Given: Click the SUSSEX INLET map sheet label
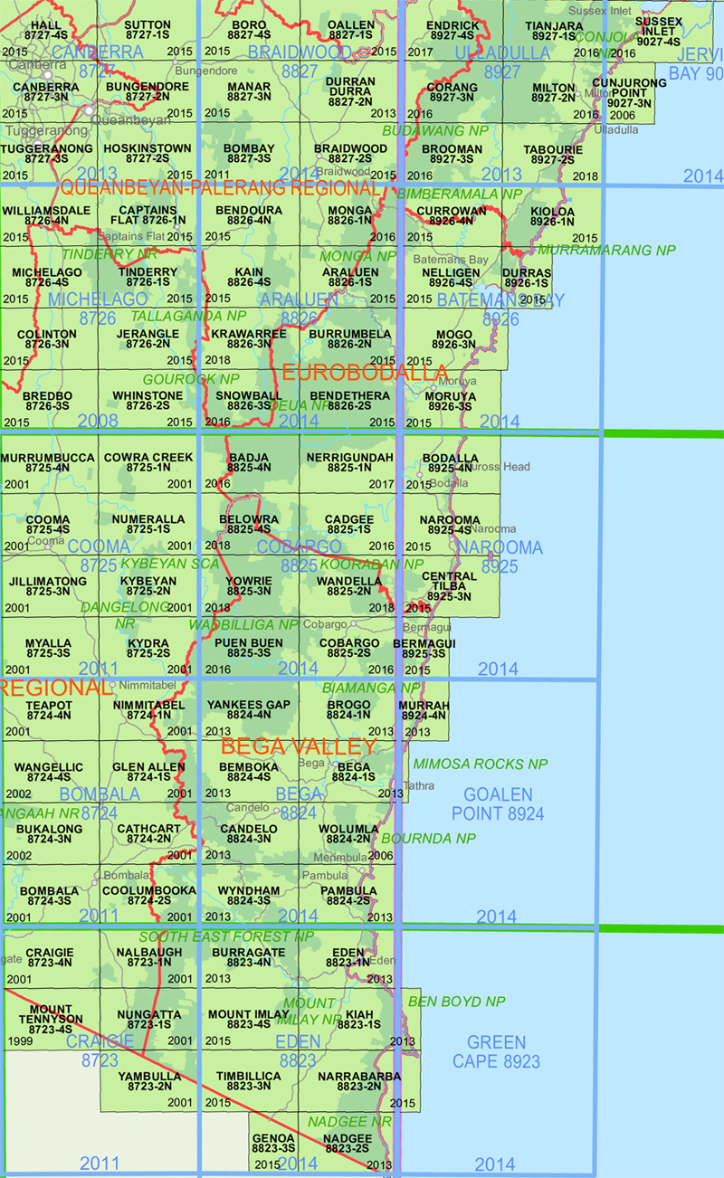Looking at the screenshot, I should (658, 31).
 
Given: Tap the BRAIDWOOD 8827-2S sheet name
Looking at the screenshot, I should (350, 154).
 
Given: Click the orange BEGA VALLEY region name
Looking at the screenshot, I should (299, 747).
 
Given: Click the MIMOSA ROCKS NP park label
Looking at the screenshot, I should (481, 765).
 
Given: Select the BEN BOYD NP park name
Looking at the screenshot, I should (457, 1002).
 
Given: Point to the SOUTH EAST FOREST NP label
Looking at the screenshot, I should (227, 936).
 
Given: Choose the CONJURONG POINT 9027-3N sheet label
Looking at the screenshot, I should (630, 92).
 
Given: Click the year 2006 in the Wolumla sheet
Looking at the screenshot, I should (381, 855).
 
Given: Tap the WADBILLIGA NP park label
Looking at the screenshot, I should (243, 625).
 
